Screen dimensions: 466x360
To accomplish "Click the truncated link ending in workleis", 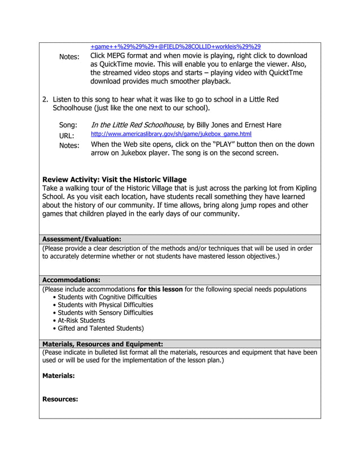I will pos(175,46).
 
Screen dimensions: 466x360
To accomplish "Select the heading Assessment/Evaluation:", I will pos(82,239).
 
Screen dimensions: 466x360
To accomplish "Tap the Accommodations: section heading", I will pos(72,280).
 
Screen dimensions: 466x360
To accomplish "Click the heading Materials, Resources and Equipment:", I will pos(103,344).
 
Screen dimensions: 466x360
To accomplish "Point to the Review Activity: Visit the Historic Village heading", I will pos(115,179).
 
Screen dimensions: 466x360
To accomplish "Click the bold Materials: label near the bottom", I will pos(59,375).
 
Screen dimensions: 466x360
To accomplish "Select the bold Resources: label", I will pos(60,399).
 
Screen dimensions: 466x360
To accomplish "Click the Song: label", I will pos(68,125).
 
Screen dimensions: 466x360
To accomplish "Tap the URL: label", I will pos(67,135).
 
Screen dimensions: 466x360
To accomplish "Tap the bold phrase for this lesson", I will pos(160,289).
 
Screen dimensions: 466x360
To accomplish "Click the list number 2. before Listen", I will pos(46,99).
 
